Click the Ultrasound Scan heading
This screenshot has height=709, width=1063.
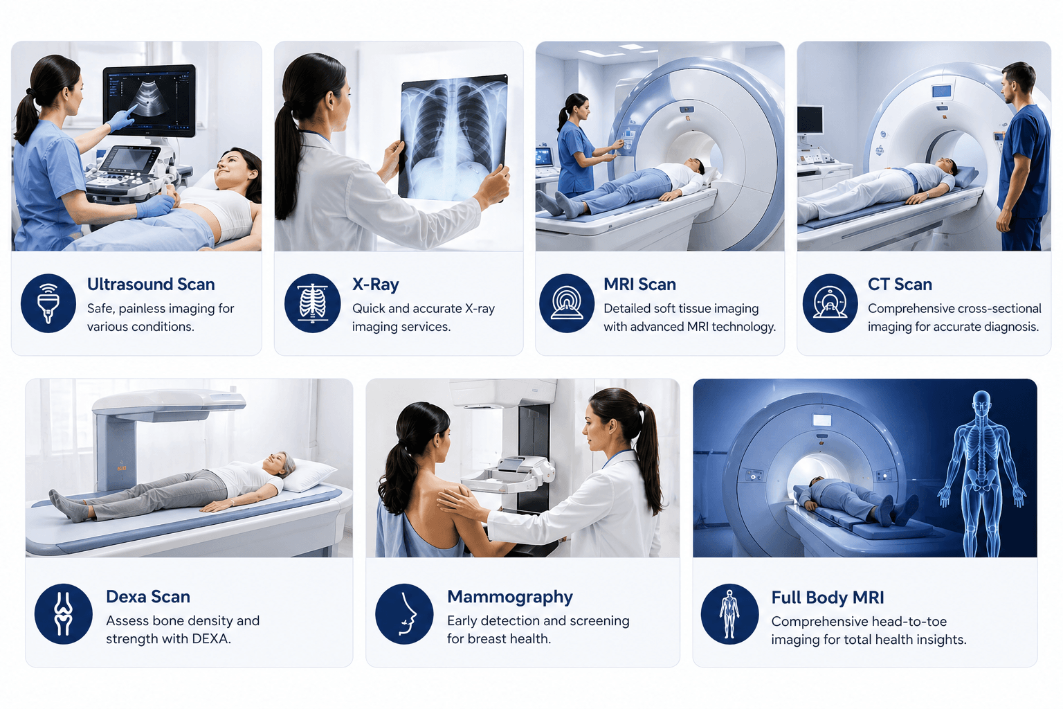tap(151, 284)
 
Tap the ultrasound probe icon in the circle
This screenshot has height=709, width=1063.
tap(48, 303)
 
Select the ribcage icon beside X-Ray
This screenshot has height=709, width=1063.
tap(312, 303)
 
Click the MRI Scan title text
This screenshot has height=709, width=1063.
tap(639, 284)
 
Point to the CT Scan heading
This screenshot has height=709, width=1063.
tap(900, 284)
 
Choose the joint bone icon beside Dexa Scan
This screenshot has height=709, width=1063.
tap(63, 614)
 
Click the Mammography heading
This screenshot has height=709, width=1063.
tap(509, 597)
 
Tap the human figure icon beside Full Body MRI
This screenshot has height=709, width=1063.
tap(729, 614)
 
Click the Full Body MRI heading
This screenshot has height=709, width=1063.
tap(827, 598)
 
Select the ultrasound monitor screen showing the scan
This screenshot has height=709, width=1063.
tap(149, 100)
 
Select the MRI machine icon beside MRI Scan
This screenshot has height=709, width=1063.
tap(567, 303)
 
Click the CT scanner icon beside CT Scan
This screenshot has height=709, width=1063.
tap(830, 303)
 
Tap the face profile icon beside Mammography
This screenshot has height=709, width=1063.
tap(404, 614)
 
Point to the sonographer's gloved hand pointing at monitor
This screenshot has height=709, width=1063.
tap(121, 118)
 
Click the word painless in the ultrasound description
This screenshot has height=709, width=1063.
tap(143, 309)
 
